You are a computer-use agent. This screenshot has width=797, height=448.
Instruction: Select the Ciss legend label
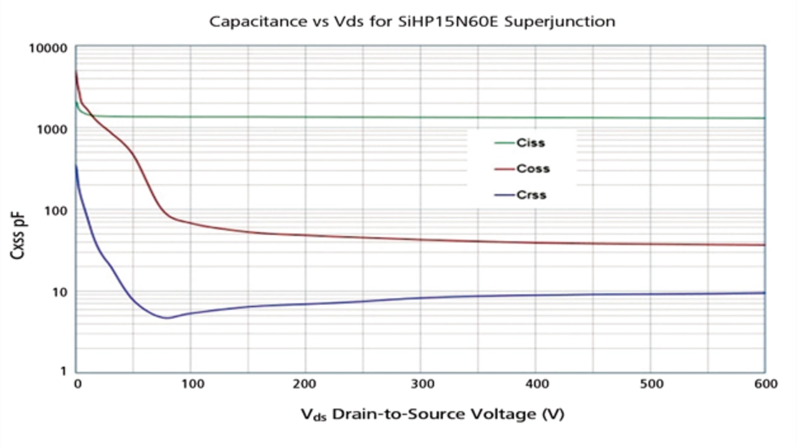pos(531,143)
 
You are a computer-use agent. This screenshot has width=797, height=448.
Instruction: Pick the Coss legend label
pos(533,169)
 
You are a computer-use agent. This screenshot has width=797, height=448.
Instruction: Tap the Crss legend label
pos(531,195)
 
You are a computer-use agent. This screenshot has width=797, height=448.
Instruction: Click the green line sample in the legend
pos(504,143)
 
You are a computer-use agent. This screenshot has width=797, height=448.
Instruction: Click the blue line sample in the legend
pos(504,195)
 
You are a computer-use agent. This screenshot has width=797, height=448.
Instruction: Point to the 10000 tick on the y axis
pos(49,49)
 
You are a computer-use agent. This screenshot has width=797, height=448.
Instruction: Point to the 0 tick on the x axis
pos(77,384)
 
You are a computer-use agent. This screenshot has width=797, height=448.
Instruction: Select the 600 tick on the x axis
pos(765,384)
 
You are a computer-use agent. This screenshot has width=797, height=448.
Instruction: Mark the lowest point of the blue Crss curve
pos(167,318)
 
